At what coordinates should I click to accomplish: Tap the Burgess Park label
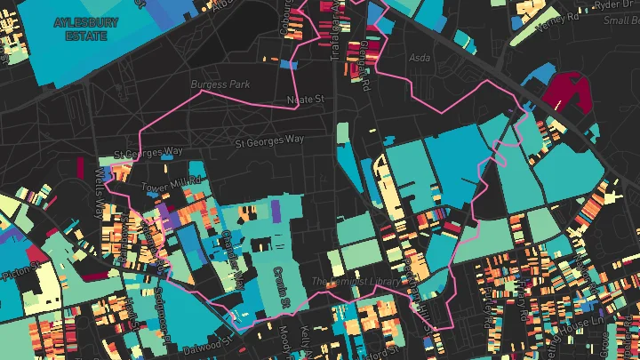pos(220,84)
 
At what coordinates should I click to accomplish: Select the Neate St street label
pos(306,100)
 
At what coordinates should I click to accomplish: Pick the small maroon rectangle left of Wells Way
pos(80,169)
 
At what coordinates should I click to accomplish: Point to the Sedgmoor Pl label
pos(164,310)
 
